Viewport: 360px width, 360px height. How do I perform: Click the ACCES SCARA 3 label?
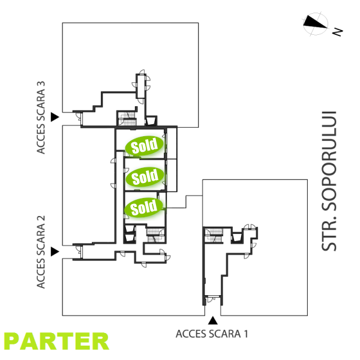click(41, 118)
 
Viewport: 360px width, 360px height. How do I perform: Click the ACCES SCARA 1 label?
click(211, 334)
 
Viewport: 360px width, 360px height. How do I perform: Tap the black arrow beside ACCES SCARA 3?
click(55, 116)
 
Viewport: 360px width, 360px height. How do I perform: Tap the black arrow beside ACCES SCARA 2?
click(55, 251)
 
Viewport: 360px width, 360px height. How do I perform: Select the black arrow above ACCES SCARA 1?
click(212, 320)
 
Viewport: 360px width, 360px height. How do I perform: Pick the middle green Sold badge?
click(144, 177)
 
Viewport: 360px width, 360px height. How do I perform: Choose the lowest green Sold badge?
click(144, 208)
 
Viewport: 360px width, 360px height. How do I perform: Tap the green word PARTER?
click(57, 341)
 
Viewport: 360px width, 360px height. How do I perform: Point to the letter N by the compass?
click(338, 31)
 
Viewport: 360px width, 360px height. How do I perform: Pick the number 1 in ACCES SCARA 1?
click(245, 334)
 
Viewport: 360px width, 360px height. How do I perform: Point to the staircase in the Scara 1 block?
click(213, 236)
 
